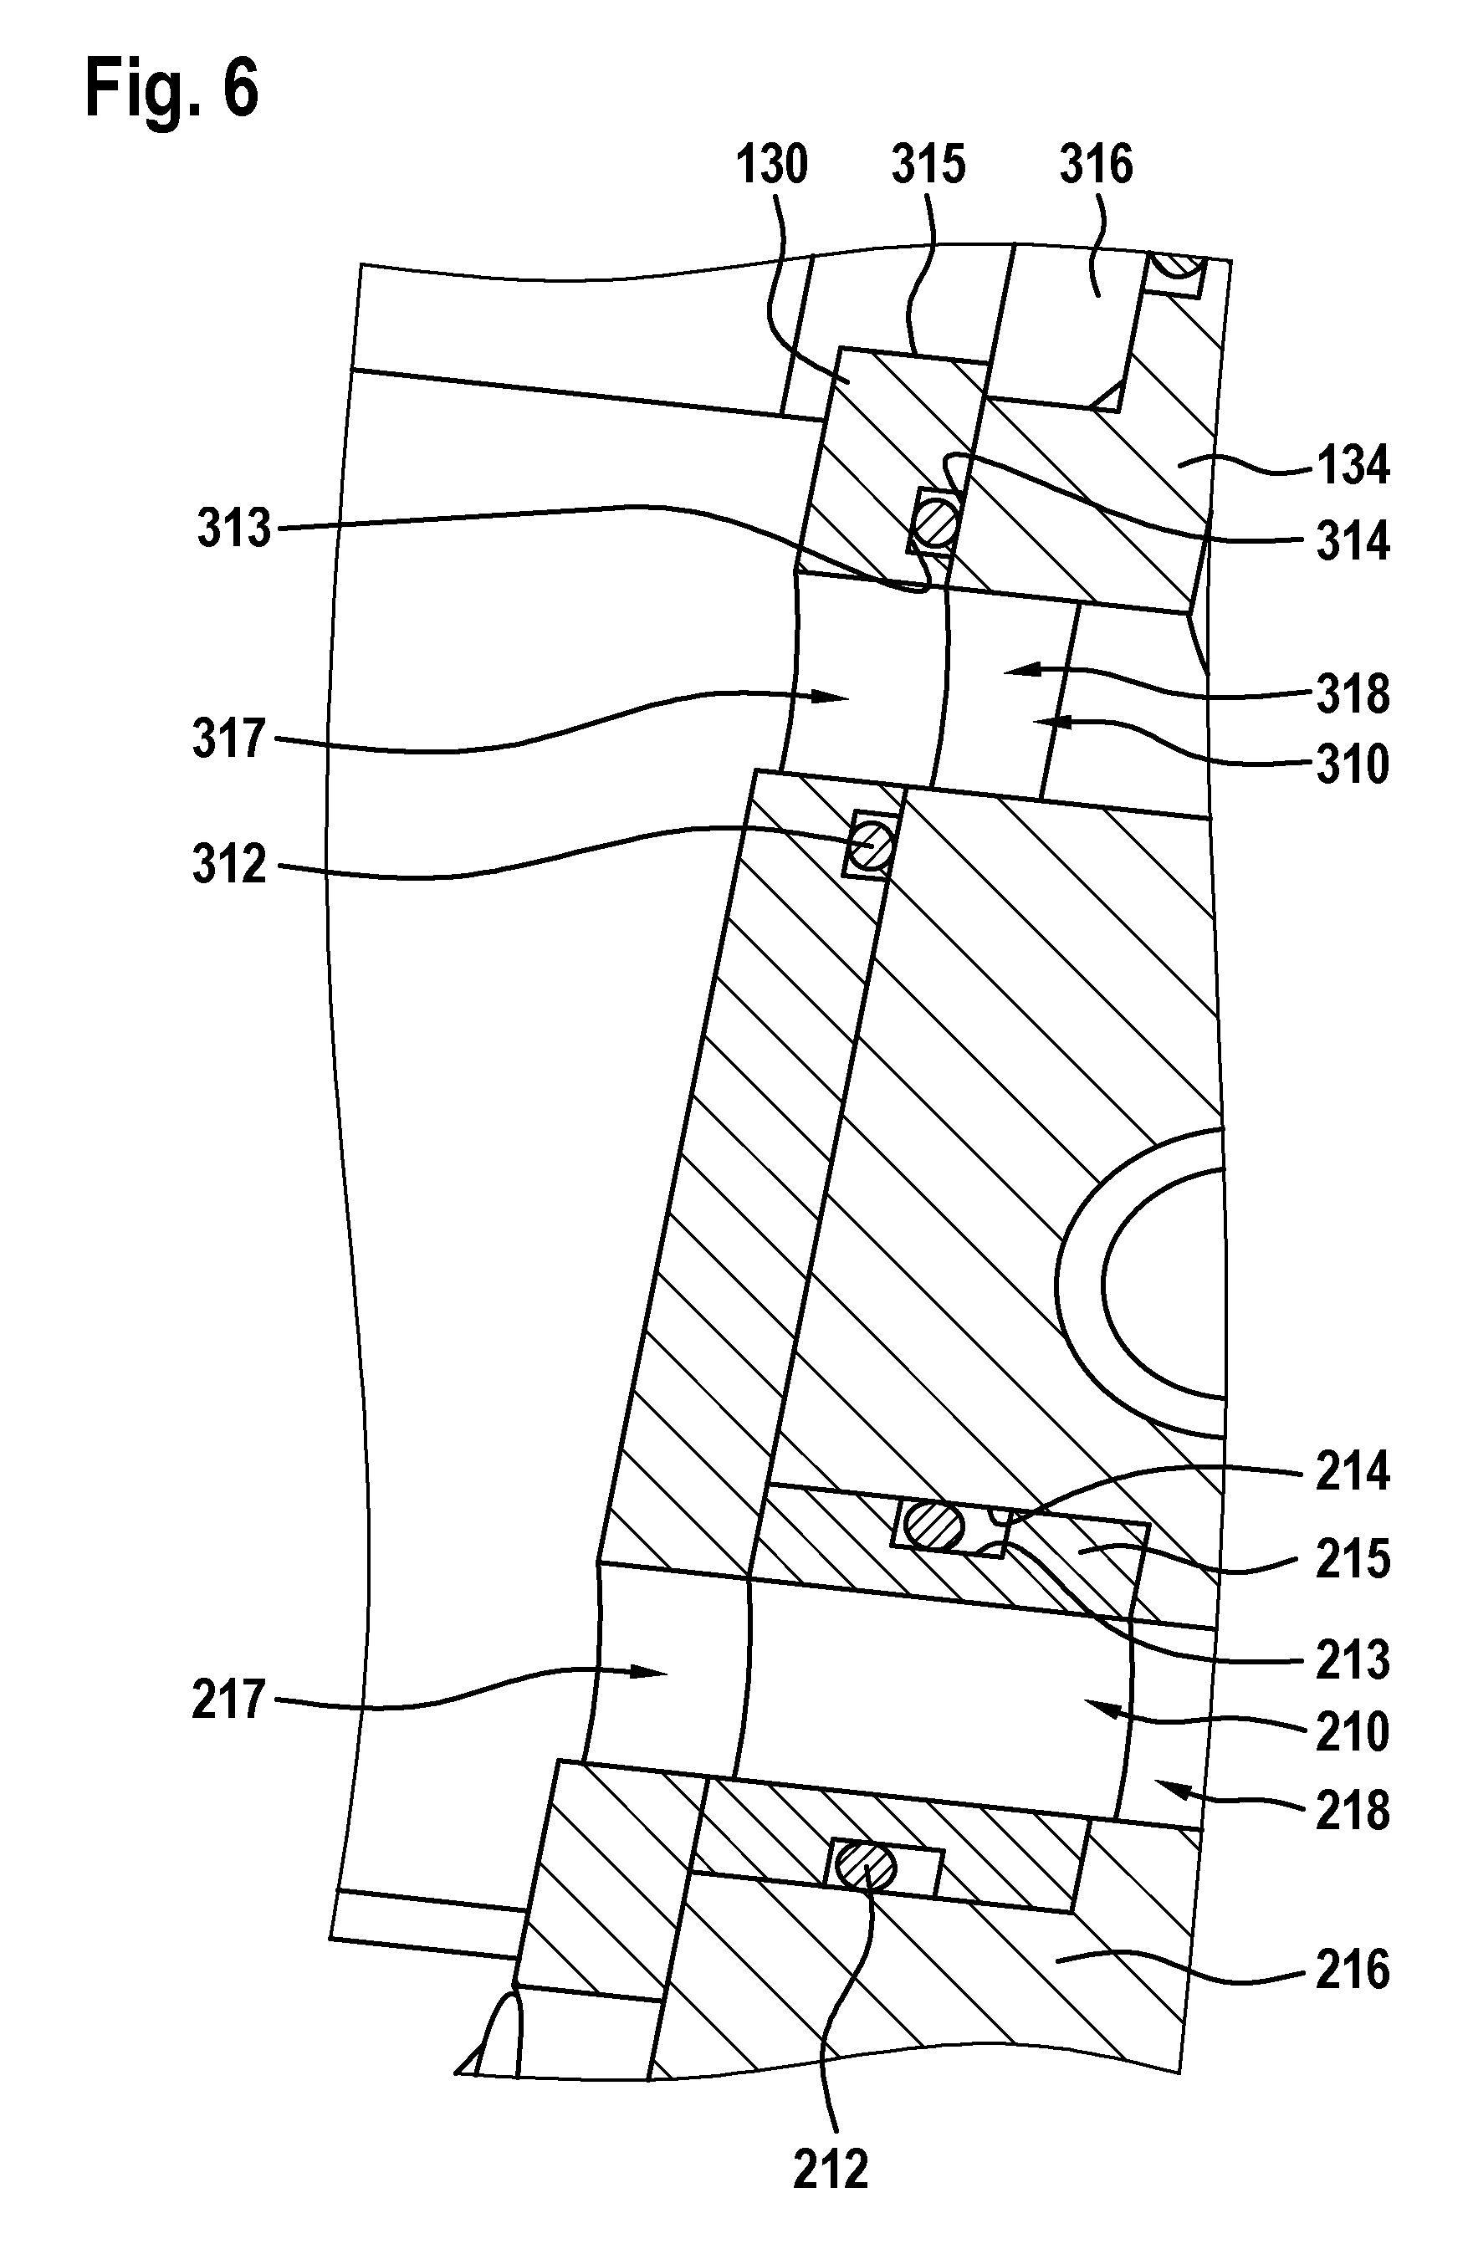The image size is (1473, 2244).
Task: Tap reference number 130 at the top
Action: (771, 164)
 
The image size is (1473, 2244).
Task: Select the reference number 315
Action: (928, 164)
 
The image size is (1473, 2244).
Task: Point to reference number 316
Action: (1096, 164)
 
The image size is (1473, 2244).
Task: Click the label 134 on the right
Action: (1353, 466)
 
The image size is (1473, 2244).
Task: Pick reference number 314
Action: (1353, 541)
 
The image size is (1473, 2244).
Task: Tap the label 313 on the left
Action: (234, 527)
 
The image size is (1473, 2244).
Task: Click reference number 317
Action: (230, 738)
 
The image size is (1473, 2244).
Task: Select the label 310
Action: (1353, 764)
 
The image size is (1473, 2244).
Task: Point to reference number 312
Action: (230, 864)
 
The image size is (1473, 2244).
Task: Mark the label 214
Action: (1353, 1471)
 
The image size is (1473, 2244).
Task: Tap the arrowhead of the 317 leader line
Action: (829, 697)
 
